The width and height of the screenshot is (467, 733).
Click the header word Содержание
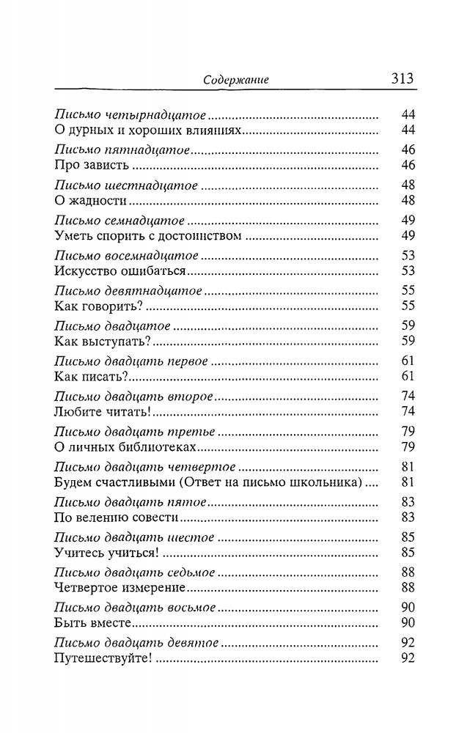click(x=235, y=81)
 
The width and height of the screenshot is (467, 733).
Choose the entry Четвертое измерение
click(x=118, y=588)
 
